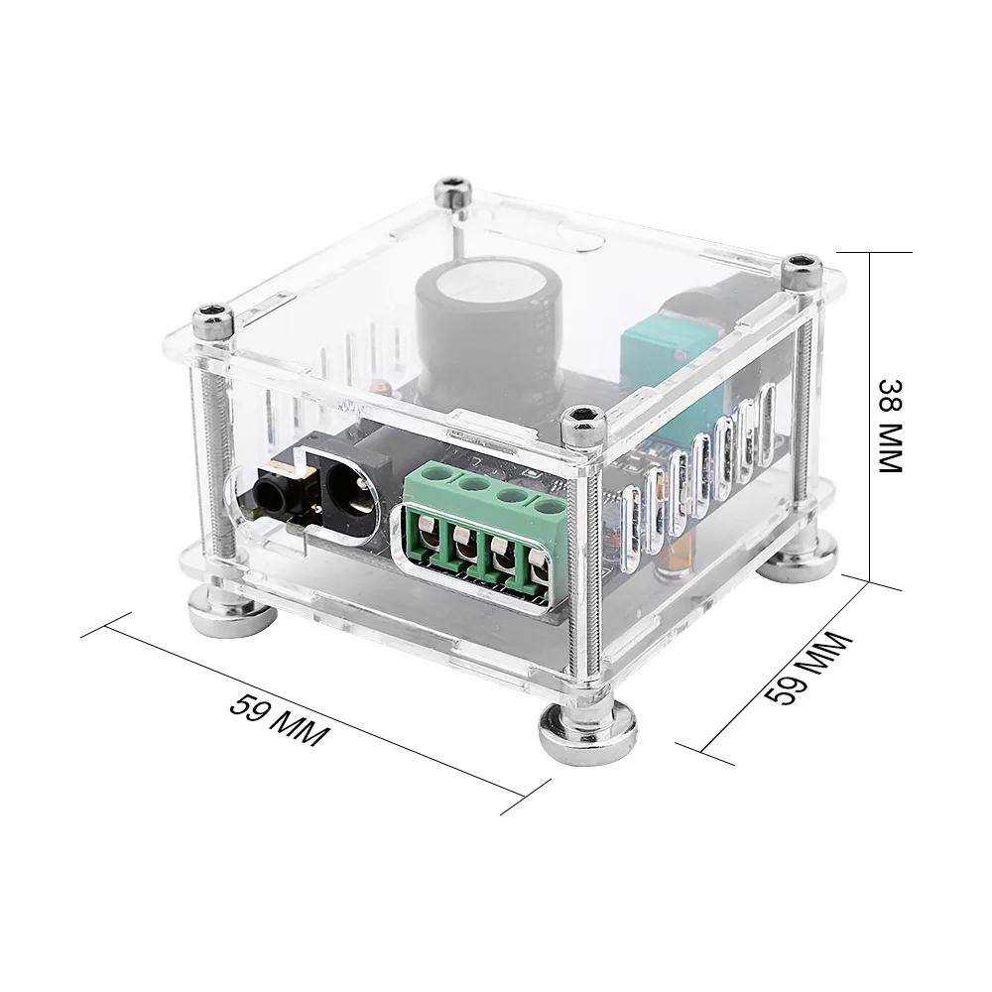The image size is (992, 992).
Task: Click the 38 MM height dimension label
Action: coord(891,426)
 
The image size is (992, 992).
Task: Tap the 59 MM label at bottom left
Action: coord(279,720)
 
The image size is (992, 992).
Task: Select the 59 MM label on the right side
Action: coord(807,668)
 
